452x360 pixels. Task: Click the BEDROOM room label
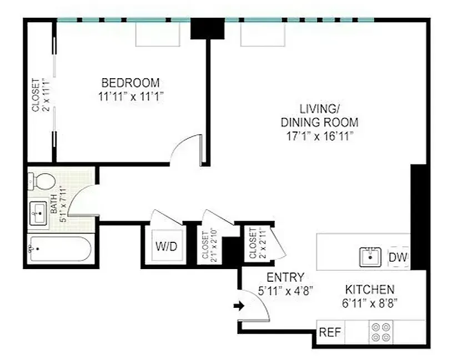tap(130, 83)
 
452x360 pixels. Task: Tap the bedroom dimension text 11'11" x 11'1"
tap(130, 95)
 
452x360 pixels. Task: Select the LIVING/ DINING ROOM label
tap(319, 115)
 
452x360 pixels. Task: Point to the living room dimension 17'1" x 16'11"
tap(319, 136)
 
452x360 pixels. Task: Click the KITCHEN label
tap(370, 290)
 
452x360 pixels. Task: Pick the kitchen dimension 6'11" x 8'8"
tap(370, 303)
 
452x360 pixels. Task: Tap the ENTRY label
tap(285, 277)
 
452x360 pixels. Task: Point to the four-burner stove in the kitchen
tap(381, 332)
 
